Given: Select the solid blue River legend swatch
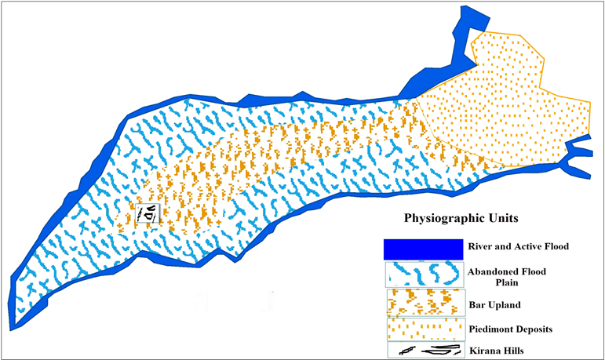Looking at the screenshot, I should pos(422,248).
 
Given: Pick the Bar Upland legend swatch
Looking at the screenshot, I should pos(422,301).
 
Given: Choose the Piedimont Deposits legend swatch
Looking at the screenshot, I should pos(422,326).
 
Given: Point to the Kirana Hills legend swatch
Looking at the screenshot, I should pos(422,350).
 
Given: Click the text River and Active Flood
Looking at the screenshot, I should pos(518,246).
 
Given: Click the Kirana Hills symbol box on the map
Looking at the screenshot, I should pos(148,211).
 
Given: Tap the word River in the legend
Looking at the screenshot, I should pos(481,246).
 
